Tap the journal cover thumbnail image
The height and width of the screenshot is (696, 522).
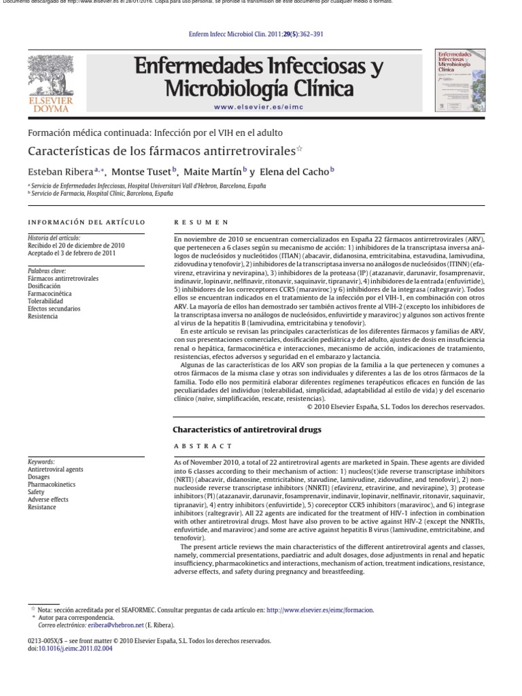click(459, 80)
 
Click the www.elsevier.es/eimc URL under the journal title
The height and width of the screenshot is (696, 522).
click(258, 107)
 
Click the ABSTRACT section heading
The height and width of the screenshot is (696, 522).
click(203, 446)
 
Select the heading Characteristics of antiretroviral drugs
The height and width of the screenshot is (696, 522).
click(247, 430)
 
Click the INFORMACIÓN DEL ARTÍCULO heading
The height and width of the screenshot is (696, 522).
click(86, 222)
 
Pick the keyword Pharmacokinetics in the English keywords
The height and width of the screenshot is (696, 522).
click(52, 485)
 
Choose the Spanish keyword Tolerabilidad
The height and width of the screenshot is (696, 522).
click(45, 301)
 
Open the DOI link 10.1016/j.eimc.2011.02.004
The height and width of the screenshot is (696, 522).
click(74, 648)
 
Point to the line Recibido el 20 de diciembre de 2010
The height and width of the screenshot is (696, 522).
click(75, 245)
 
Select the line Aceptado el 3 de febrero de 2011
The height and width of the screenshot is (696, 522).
click(71, 253)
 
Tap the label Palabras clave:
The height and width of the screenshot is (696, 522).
click(47, 271)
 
